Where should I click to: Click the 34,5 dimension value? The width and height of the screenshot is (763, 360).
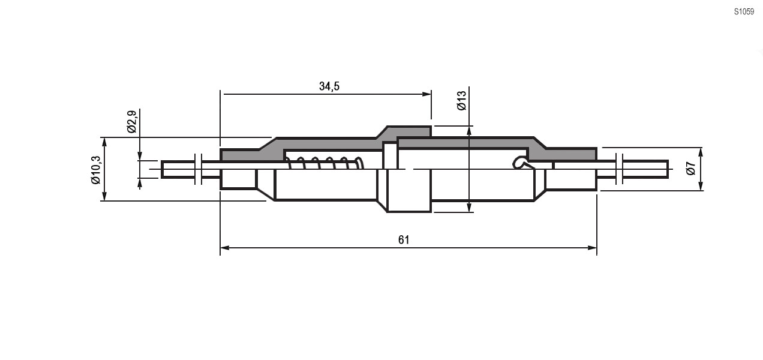329,86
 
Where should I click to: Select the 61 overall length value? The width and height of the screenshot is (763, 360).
404,240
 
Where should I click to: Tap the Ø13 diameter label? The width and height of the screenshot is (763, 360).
461,100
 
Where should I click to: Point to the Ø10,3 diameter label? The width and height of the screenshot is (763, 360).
95,170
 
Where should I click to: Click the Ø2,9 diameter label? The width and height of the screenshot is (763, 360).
131,121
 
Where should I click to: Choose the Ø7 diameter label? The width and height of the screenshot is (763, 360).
690,169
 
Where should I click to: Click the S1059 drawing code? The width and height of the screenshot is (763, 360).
744,11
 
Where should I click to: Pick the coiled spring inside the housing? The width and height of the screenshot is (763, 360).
324,163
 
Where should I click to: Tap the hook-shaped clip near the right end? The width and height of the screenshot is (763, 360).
519,162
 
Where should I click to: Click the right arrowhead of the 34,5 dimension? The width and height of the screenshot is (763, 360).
427,94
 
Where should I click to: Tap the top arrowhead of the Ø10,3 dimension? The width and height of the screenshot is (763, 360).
105,142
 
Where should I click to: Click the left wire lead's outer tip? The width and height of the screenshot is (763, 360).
163,169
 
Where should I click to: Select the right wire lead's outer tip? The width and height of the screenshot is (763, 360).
666,169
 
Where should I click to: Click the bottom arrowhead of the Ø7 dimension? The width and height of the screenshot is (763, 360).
701,187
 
